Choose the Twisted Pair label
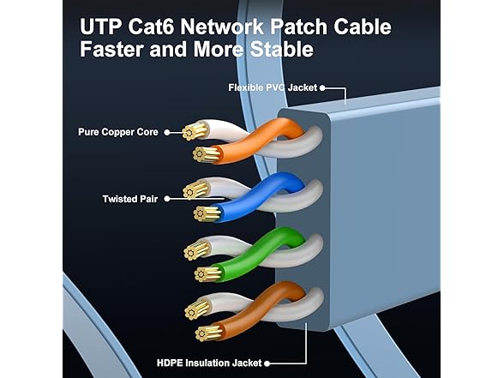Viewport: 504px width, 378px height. click(130, 198)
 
